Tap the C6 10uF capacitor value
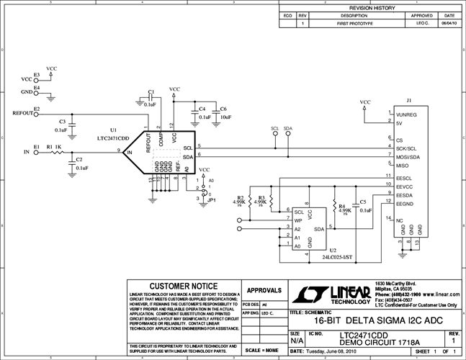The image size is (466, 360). (225, 117)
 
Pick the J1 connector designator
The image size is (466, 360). (409, 101)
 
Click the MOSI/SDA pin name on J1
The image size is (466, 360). (408, 156)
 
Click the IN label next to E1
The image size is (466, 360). (27, 153)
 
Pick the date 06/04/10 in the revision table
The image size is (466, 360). (449, 24)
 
